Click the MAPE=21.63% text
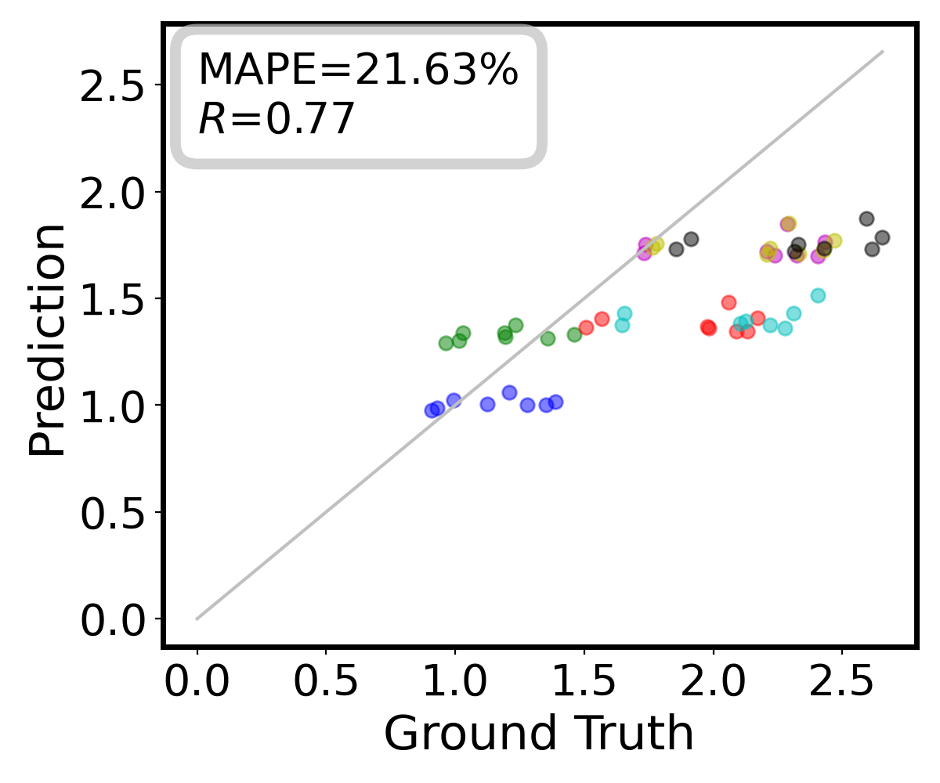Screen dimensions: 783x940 (357, 70)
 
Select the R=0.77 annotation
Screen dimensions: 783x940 (277, 120)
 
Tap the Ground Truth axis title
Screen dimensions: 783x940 (539, 734)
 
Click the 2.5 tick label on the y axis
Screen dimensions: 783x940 (116, 85)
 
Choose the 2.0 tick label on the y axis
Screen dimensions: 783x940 (116, 192)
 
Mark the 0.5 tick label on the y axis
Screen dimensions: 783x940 (116, 512)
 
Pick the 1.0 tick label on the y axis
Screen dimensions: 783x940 (116, 405)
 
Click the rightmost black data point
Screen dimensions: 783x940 (882, 237)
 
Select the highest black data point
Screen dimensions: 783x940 (866, 218)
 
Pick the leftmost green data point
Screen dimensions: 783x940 (446, 343)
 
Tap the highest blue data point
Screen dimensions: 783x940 (509, 392)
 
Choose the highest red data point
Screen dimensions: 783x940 (728, 302)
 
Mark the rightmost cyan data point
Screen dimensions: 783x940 (818, 295)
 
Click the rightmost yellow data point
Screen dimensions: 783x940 (834, 240)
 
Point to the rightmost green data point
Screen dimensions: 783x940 (574, 334)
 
